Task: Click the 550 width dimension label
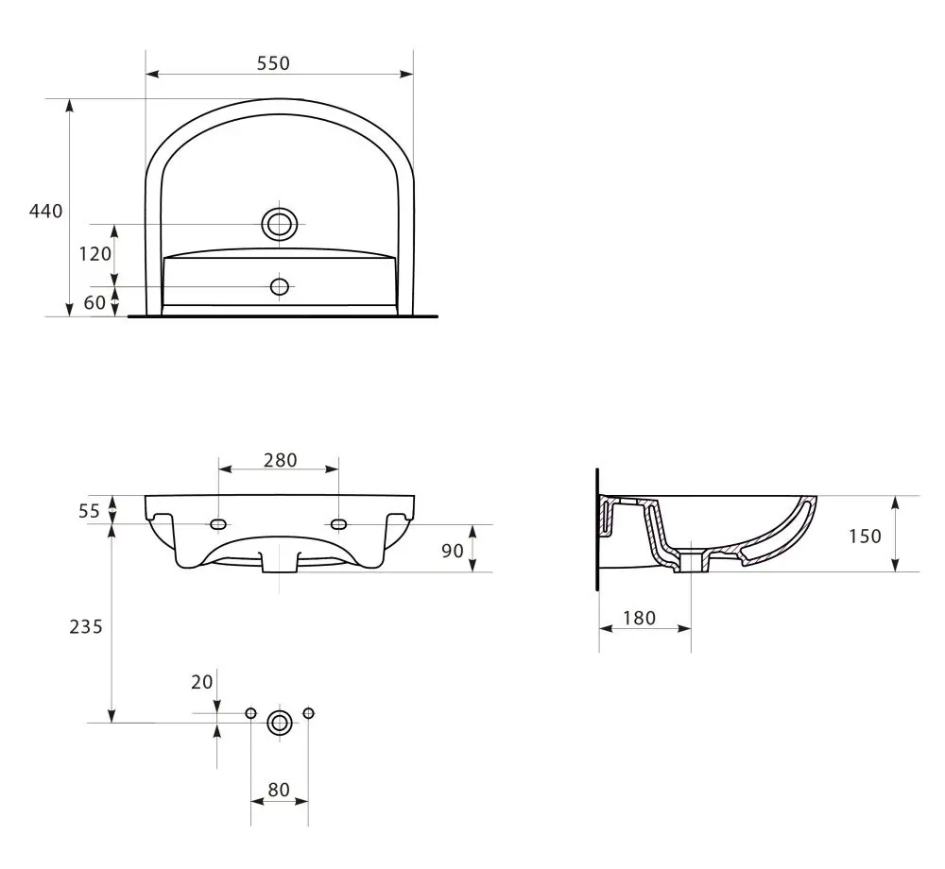click(273, 63)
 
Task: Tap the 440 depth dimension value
click(45, 211)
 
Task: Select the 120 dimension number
click(95, 254)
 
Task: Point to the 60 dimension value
click(94, 302)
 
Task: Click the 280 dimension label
click(281, 460)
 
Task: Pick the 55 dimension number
click(89, 511)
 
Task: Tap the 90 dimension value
click(453, 551)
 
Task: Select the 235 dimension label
click(86, 627)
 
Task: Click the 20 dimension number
click(202, 682)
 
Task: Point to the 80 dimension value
click(279, 790)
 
